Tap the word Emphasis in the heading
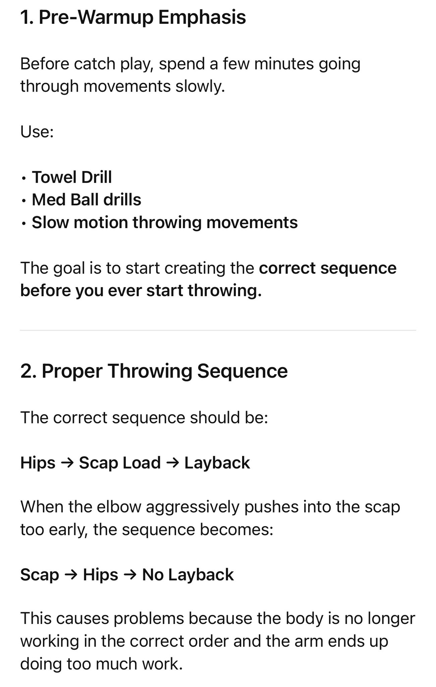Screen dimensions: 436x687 click(202, 17)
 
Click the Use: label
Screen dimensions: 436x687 click(37, 131)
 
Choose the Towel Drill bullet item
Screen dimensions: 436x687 click(72, 177)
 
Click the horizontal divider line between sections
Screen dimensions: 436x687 click(218, 330)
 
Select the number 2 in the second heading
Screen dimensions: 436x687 click(26, 371)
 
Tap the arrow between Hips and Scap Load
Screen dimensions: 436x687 click(67, 463)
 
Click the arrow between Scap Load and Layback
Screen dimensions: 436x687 click(172, 463)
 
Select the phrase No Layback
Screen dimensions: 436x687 click(188, 575)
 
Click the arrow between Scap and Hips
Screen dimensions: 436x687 click(71, 575)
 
